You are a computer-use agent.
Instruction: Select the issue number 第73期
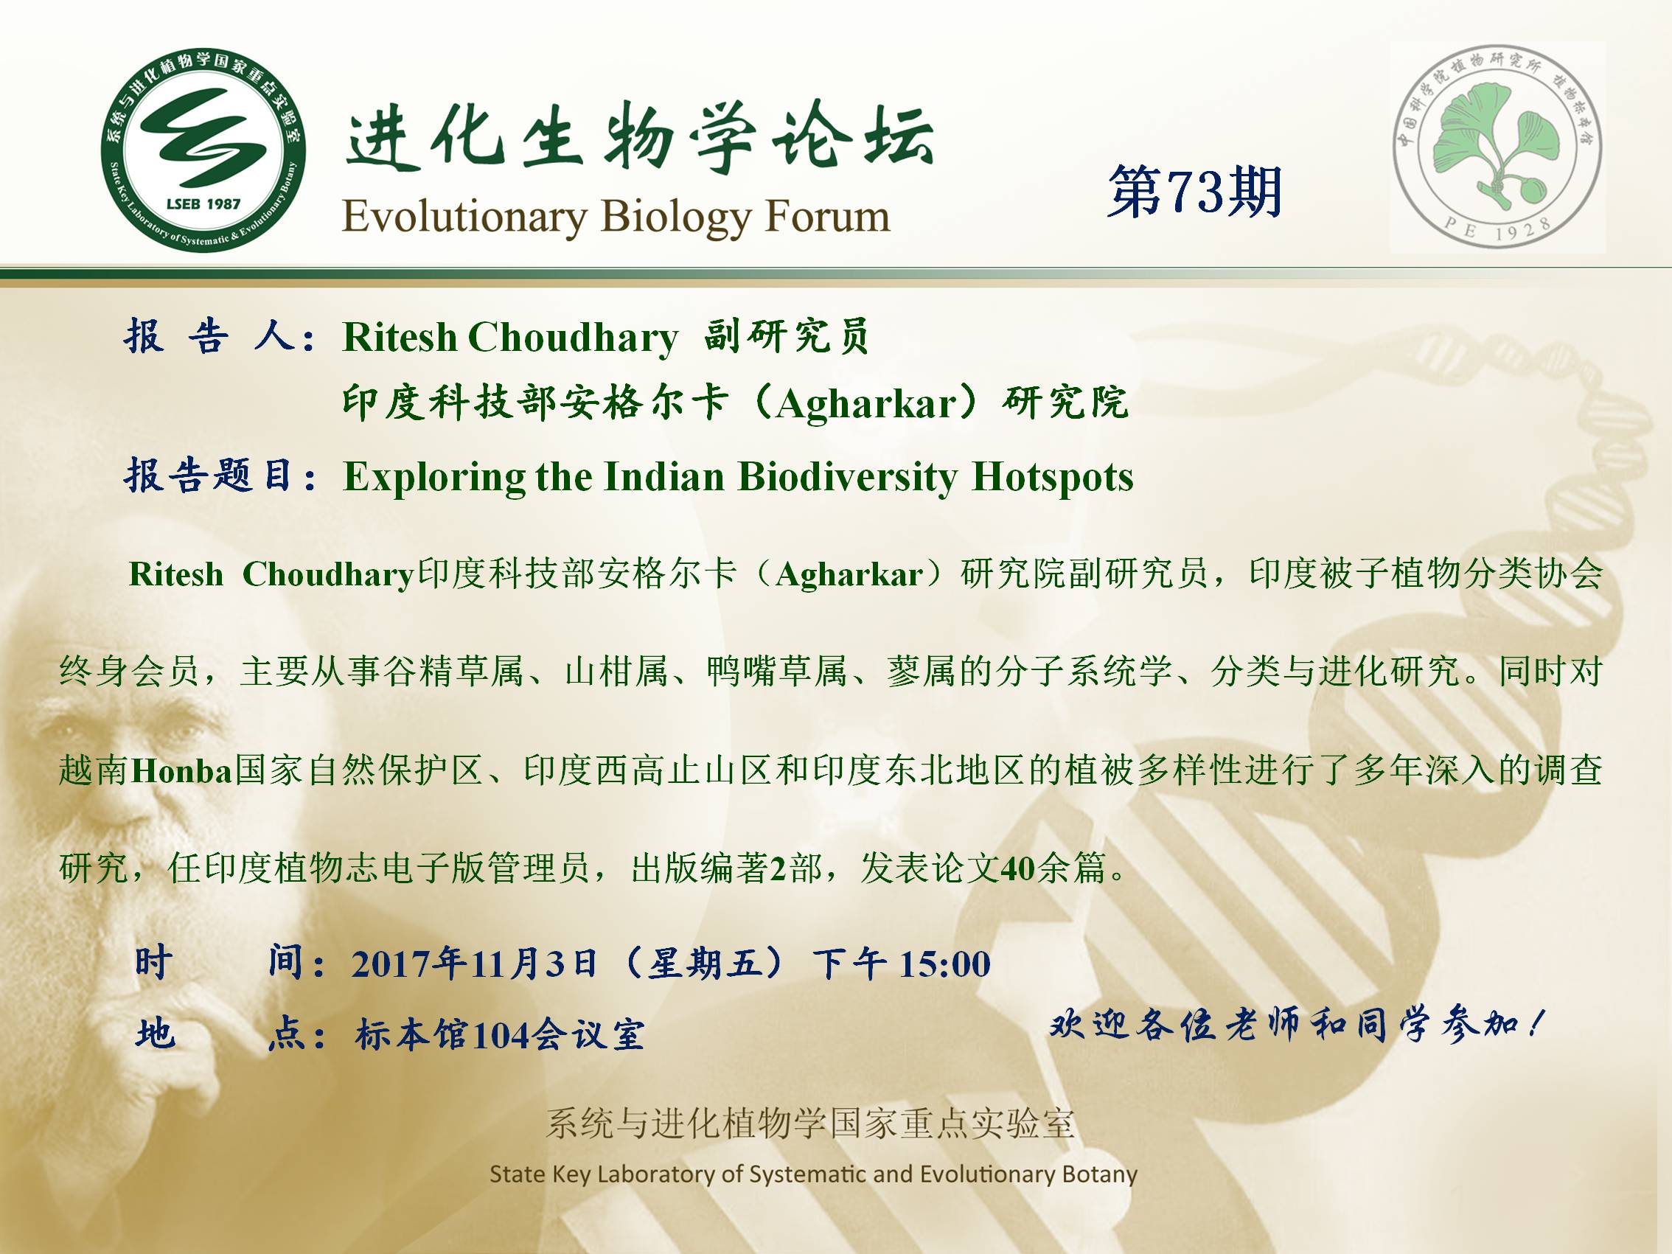click(1194, 192)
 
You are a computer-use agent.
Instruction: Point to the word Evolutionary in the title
click(464, 217)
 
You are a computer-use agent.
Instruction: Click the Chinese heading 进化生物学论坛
click(639, 139)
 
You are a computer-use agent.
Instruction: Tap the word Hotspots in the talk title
click(1052, 478)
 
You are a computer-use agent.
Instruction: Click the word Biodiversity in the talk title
click(847, 478)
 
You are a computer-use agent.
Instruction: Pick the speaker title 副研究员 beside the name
click(786, 336)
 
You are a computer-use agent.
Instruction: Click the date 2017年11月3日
click(475, 964)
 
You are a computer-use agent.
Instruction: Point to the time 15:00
click(945, 964)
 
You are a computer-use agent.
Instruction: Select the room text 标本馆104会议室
click(500, 1034)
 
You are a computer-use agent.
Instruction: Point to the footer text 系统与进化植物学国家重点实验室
click(809, 1124)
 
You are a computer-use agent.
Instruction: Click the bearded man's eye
click(69, 727)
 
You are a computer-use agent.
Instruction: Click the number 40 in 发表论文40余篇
click(1017, 868)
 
